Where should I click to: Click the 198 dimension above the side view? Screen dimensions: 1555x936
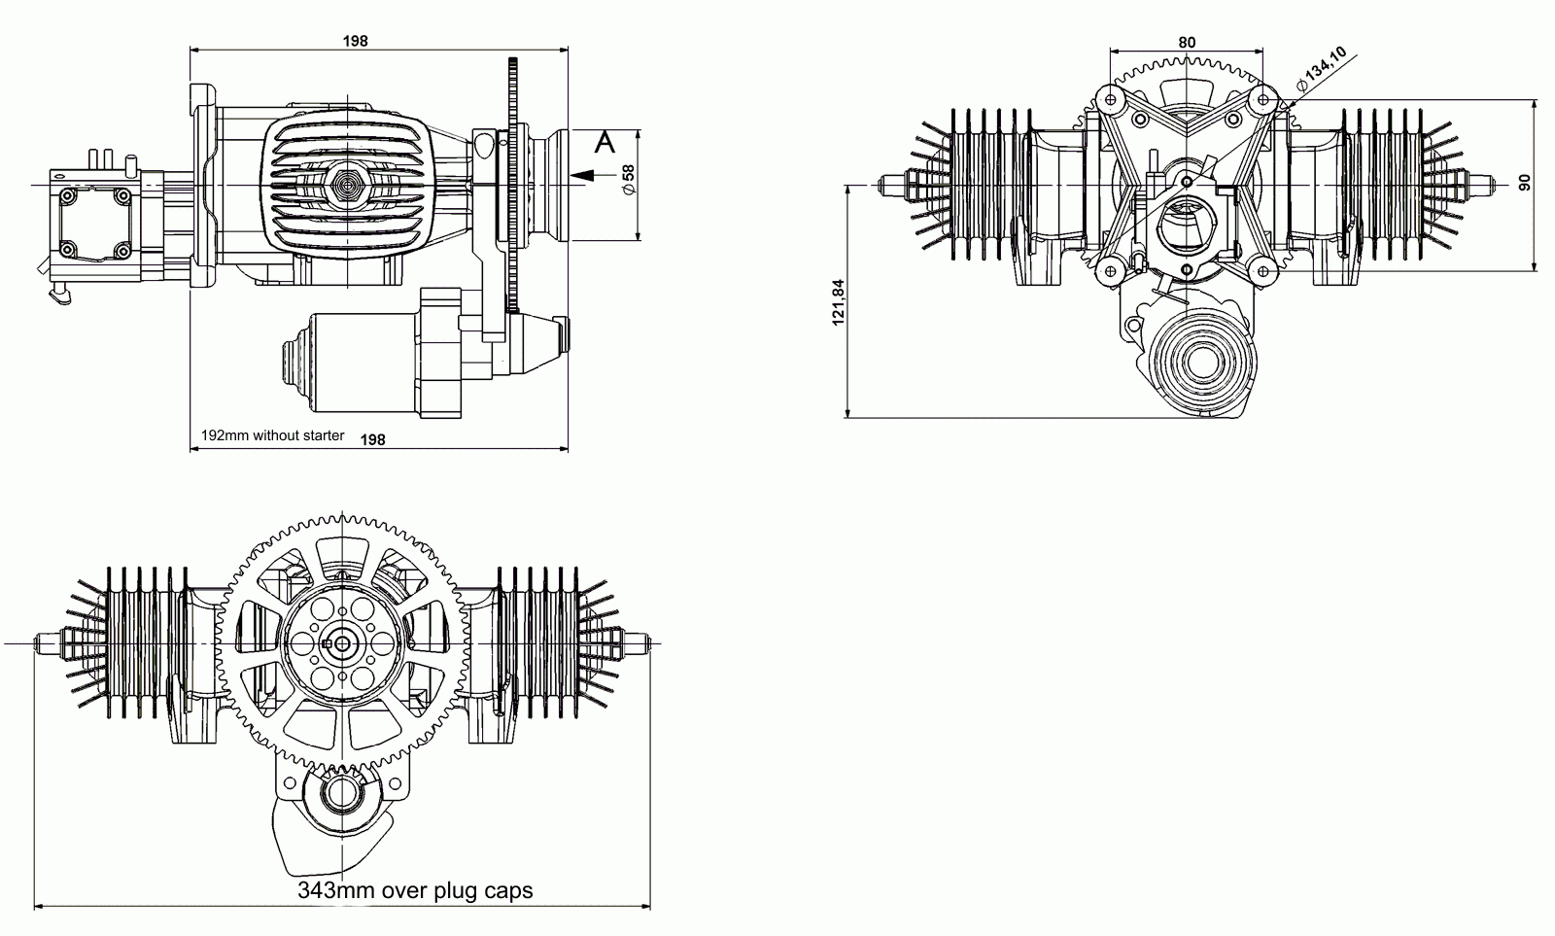pyautogui.click(x=355, y=41)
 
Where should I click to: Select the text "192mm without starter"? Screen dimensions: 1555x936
pyautogui.click(x=273, y=435)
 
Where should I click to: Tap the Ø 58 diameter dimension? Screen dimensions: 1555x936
pyautogui.click(x=628, y=180)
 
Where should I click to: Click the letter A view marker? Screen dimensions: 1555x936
pyautogui.click(x=605, y=142)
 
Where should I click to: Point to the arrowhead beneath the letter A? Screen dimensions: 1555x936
pyautogui.click(x=583, y=176)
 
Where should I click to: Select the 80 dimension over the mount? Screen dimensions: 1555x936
pyautogui.click(x=1187, y=43)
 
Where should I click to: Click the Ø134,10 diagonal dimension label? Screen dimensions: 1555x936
pyautogui.click(x=1321, y=69)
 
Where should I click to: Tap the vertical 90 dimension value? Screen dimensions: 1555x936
pyautogui.click(x=1525, y=183)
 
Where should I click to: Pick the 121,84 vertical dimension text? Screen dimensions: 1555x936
pyautogui.click(x=839, y=302)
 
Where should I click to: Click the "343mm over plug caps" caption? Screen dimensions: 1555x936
pyautogui.click(x=415, y=890)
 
